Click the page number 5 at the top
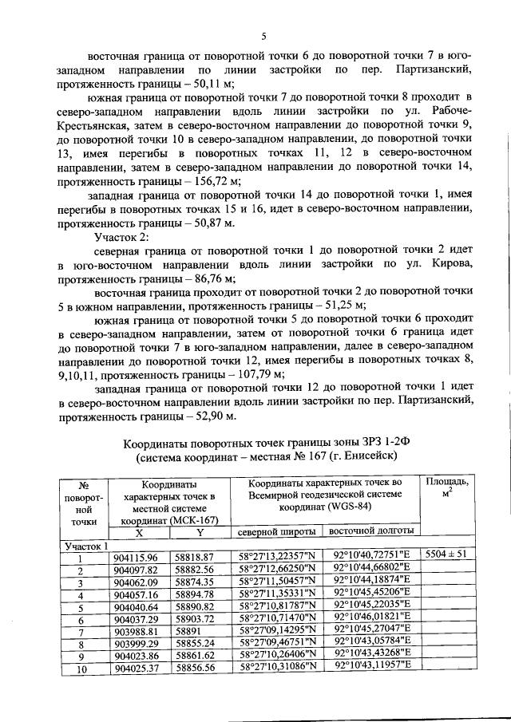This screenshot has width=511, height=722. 263,35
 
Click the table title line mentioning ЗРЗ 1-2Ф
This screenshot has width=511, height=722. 270,444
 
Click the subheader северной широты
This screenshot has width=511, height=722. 274,531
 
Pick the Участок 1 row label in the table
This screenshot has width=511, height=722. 86,545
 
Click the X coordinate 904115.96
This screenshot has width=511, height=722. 137,556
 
